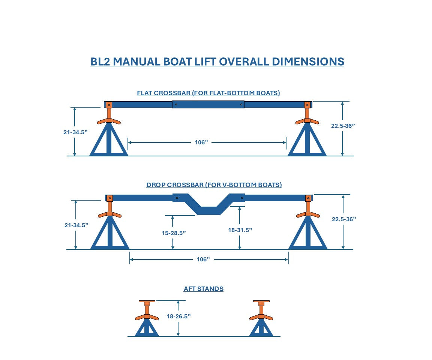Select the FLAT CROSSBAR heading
[x=208, y=93]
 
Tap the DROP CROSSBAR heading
[x=214, y=185]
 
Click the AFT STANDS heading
[x=203, y=289]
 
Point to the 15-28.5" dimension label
[x=174, y=232]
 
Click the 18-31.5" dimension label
[x=240, y=230]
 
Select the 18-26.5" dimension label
[x=178, y=316]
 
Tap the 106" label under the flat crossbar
[x=201, y=142]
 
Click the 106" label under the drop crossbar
[x=203, y=259]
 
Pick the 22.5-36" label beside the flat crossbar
[x=343, y=126]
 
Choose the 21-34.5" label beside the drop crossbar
[x=76, y=225]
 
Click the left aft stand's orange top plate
[x=147, y=301]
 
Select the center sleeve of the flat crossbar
[x=208, y=105]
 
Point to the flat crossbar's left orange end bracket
[x=109, y=105]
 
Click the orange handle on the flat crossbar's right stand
[x=307, y=121]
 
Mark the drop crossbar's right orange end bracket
[x=308, y=198]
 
